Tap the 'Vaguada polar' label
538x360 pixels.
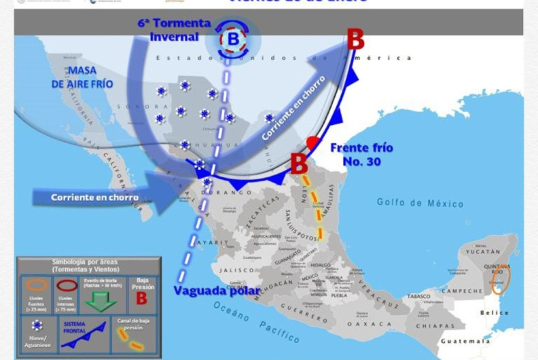[217, 291]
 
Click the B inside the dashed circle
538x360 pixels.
[233, 40]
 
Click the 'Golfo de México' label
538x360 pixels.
[420, 202]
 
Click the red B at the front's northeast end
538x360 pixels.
[355, 39]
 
